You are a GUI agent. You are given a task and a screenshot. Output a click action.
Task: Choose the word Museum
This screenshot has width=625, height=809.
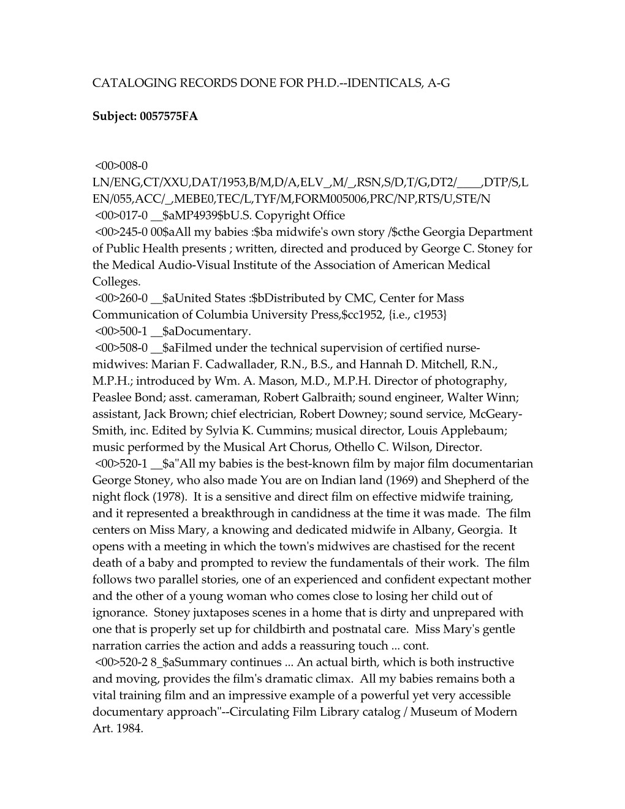433,712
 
